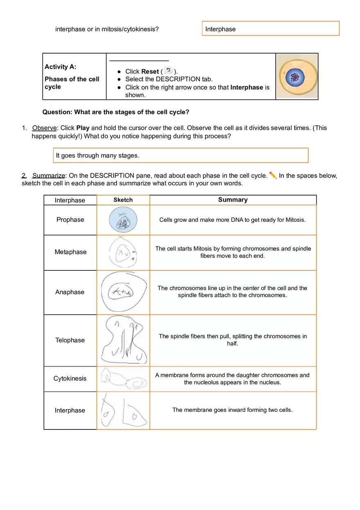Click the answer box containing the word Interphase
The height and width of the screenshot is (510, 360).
270,29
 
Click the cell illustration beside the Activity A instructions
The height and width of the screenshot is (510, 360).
297,76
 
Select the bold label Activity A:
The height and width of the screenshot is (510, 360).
60,67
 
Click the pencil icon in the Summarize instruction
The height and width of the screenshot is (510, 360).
273,175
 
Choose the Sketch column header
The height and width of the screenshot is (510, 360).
123,200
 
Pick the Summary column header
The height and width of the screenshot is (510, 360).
233,200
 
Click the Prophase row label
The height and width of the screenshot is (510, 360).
70,220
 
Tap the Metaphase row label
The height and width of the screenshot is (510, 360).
70,252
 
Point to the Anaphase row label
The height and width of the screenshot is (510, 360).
70,292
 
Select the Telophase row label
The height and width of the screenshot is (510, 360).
70,340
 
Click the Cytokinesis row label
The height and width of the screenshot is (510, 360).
70,379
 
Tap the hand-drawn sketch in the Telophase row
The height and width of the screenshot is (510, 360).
123,340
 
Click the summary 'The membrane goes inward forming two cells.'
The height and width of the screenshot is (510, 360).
232,410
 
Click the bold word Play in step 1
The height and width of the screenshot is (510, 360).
83,128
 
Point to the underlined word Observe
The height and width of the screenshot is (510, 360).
45,128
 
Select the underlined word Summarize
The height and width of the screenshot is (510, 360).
49,176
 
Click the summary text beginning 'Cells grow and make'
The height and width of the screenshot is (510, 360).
232,220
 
